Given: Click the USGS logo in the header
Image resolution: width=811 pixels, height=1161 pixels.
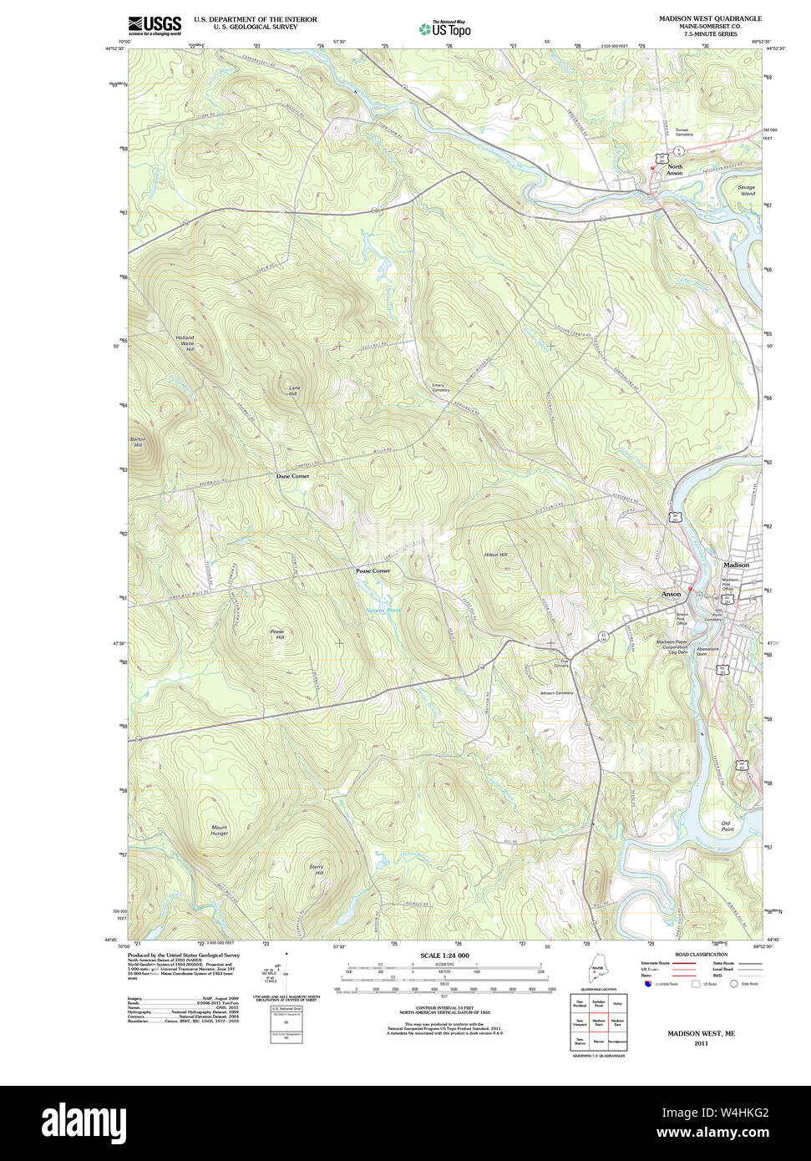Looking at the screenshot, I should click(155, 25).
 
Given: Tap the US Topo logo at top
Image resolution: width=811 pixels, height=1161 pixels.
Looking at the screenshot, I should click(445, 28).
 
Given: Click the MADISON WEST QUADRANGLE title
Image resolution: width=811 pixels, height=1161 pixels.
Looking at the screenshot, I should click(710, 18).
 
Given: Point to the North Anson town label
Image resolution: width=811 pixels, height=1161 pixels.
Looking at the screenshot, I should click(674, 170).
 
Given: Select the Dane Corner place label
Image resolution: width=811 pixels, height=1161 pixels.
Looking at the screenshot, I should click(292, 476).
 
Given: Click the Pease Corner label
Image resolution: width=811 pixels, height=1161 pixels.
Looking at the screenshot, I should click(373, 570).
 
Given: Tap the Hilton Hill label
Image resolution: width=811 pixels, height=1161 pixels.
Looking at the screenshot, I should click(495, 555).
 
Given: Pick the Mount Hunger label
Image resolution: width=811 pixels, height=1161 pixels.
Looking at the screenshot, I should click(219, 830).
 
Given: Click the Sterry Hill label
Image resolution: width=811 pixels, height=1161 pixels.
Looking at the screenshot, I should click(316, 869).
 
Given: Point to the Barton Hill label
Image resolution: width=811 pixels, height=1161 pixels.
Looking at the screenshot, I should click(138, 442).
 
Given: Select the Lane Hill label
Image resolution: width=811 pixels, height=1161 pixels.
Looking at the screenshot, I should click(293, 391).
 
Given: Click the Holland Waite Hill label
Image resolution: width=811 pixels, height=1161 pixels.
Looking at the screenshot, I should click(185, 343).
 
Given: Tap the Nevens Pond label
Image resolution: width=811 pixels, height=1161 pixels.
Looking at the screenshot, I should click(383, 611).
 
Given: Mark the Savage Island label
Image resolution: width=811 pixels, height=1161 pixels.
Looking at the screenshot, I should click(746, 190).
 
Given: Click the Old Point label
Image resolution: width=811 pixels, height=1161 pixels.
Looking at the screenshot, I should click(727, 826).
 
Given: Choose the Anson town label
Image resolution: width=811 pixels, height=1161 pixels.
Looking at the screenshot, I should click(671, 594).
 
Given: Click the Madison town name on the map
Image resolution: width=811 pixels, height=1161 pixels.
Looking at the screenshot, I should click(736, 565).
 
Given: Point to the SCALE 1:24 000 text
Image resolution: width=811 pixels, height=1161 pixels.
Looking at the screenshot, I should click(444, 955).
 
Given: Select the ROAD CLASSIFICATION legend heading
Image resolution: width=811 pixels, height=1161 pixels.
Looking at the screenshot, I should click(701, 954).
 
